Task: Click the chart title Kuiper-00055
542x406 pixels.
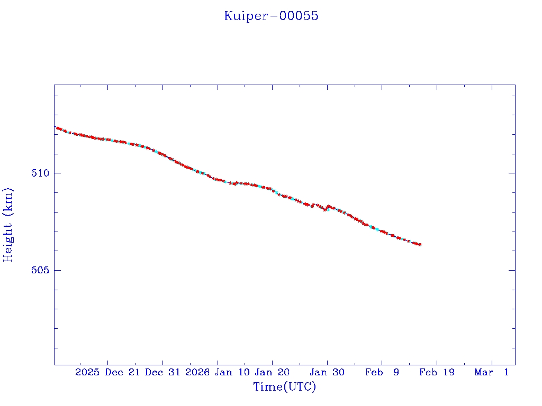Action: click(x=271, y=16)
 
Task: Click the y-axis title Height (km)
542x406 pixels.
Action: click(x=8, y=225)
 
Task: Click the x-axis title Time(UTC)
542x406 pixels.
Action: click(x=285, y=387)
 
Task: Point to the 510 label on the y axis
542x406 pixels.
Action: click(x=40, y=173)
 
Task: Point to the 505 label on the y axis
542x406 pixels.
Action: click(x=40, y=270)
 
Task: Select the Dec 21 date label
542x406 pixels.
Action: click(x=122, y=373)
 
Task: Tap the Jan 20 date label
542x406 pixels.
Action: click(x=273, y=373)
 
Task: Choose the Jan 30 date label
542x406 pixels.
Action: click(x=328, y=373)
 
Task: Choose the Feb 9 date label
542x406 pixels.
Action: click(x=382, y=373)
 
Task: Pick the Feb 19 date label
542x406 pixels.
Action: click(x=437, y=373)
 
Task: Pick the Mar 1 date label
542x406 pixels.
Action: click(x=492, y=373)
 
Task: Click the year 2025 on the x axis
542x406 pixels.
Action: click(x=87, y=373)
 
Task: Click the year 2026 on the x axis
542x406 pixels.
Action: click(x=197, y=373)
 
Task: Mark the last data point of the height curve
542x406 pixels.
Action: click(x=420, y=245)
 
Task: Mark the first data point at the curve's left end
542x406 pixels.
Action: click(x=55, y=127)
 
